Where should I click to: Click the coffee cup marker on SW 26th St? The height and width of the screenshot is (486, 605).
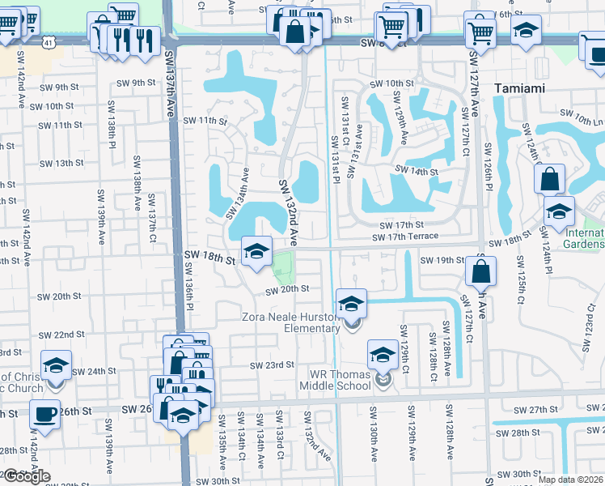click(44, 415)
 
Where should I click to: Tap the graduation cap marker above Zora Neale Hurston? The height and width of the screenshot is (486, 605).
click(351, 304)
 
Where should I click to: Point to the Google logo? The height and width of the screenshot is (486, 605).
click(27, 476)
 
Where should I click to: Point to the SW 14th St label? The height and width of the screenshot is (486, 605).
click(416, 171)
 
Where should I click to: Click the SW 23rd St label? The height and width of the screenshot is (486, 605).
click(272, 365)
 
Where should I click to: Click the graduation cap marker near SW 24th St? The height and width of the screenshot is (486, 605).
click(56, 365)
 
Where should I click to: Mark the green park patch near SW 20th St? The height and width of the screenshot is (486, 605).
click(283, 266)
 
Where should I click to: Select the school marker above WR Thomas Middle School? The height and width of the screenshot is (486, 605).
click(383, 354)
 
